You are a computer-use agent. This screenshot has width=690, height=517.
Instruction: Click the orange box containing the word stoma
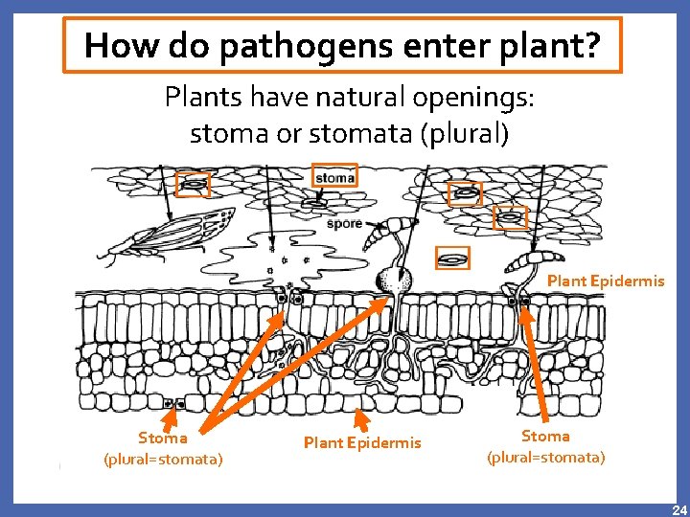334,177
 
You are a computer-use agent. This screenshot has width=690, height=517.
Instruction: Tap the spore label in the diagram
344,224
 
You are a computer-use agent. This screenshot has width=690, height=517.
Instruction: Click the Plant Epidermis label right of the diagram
605,281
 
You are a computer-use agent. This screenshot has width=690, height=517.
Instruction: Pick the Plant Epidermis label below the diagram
362,442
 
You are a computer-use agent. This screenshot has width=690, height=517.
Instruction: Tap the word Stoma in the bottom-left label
163,438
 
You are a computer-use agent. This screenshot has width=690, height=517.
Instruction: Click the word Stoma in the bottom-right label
545,437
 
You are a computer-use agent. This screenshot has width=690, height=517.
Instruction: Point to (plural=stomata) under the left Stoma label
163,460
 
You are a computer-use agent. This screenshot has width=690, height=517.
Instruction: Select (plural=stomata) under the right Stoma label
545,458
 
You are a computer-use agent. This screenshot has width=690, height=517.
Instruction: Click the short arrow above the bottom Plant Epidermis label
361,419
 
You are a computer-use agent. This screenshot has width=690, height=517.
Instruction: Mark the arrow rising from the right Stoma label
535,364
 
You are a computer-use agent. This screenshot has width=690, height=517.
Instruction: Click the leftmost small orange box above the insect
193,184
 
